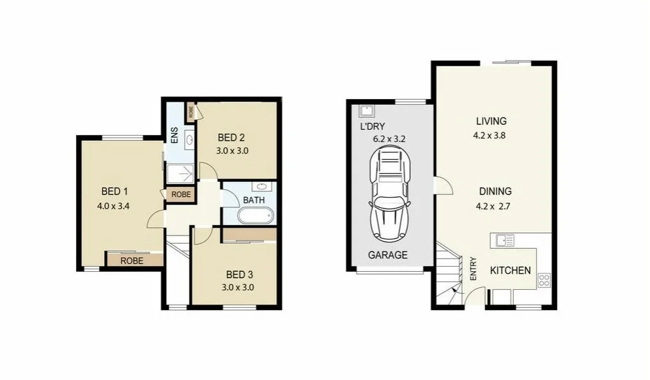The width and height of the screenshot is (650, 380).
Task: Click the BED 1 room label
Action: [115, 191]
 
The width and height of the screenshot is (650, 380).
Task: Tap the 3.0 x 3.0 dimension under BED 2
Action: [233, 151]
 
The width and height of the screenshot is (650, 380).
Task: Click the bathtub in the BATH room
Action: [254, 215]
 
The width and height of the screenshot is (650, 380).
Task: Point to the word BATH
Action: [254, 200]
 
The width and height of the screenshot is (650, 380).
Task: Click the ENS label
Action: [174, 136]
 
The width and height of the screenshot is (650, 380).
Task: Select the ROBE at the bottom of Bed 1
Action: [132, 261]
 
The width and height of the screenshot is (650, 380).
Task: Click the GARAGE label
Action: [387, 255]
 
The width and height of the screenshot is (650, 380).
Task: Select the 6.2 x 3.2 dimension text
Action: [389, 138]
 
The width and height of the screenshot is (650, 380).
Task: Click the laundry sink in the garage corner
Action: [366, 109]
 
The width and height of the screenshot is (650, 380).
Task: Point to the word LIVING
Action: [491, 121]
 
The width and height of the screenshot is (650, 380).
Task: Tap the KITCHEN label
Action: [510, 270]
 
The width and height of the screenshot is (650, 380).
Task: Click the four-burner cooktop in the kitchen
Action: [545, 280]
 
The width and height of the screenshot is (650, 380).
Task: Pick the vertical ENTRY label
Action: [474, 269]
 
